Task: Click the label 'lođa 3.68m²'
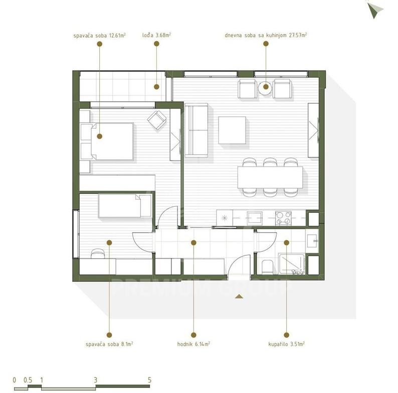click(x=156, y=35)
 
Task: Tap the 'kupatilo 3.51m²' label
click(x=286, y=344)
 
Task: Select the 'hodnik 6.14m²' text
click(x=193, y=344)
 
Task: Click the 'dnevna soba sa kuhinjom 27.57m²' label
click(x=266, y=35)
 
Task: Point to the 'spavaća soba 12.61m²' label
click(x=99, y=35)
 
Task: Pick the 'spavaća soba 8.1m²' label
click(x=109, y=344)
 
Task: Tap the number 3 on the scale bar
click(x=95, y=380)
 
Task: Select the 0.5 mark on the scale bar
click(x=28, y=380)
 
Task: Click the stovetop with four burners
click(x=283, y=218)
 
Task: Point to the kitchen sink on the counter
click(x=255, y=218)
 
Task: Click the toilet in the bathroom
click(x=267, y=267)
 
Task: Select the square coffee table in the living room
click(x=232, y=130)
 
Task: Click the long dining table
click(x=270, y=177)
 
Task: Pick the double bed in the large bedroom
click(x=107, y=142)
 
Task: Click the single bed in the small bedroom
click(x=125, y=206)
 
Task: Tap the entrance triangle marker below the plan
click(x=239, y=296)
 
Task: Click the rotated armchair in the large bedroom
click(x=157, y=120)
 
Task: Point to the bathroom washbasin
click(x=312, y=241)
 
